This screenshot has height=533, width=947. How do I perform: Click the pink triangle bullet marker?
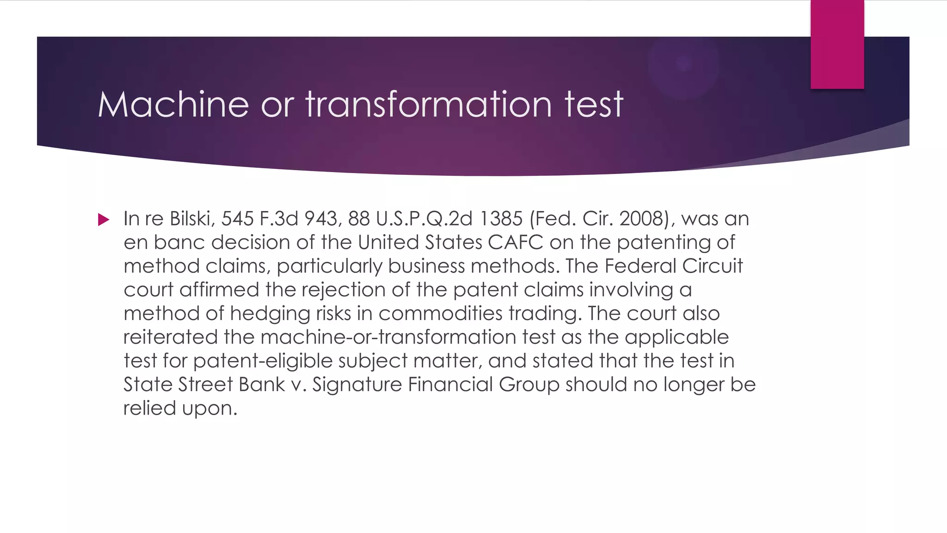(x=104, y=219)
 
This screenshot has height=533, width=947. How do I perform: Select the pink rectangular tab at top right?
(x=837, y=44)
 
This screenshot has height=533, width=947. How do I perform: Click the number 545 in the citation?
(x=237, y=219)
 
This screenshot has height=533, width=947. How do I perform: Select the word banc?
(x=179, y=242)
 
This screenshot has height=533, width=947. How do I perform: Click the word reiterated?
(x=170, y=337)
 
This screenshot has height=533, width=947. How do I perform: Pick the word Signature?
(x=357, y=385)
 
